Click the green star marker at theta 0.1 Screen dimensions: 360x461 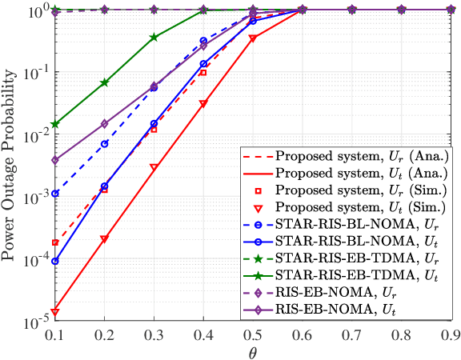[55, 124]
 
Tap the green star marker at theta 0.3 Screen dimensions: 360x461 [154, 38]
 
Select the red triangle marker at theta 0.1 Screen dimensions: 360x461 [55, 312]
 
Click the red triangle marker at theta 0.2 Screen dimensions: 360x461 [104, 239]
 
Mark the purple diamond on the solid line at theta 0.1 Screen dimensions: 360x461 [55, 160]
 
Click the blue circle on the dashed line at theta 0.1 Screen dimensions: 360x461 [55, 194]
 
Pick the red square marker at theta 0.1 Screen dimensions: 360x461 [55, 242]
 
